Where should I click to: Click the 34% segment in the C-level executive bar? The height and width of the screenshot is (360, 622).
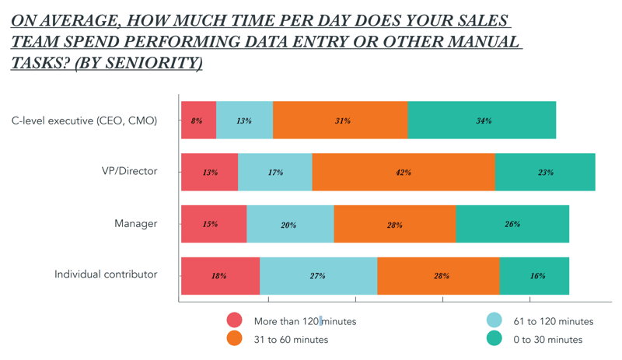482,121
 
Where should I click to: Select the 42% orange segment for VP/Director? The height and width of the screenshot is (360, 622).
404,173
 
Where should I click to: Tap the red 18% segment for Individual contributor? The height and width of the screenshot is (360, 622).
220,276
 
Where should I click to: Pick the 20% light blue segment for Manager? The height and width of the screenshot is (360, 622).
290,225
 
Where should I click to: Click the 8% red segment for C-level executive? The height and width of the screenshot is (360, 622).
198,121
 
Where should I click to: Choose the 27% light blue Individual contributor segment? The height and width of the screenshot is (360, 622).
318,276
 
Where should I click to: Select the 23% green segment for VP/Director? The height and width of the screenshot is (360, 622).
545,173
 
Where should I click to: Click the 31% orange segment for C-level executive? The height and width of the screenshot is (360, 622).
341,121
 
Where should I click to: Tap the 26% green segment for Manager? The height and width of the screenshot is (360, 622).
512,225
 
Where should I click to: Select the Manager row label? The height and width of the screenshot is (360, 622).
136,223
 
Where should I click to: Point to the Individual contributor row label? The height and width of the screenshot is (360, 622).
106,274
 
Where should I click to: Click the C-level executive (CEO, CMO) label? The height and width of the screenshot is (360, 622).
85,120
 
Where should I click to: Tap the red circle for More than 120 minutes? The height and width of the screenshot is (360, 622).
235,320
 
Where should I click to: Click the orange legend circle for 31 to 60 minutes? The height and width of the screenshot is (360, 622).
235,339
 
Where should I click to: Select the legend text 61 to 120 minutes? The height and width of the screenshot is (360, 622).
553,321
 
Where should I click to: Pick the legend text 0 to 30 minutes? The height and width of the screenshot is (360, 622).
547,339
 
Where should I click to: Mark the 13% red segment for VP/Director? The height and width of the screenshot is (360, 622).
209,173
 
